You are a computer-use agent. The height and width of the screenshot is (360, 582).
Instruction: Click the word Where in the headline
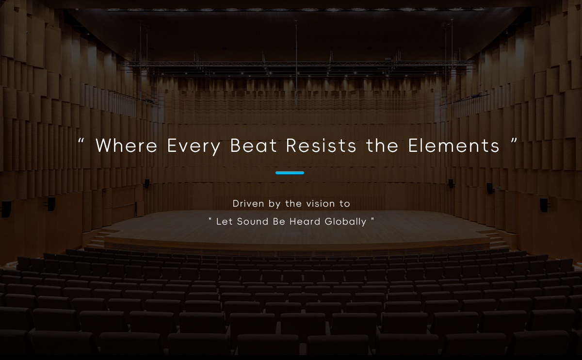click(127, 145)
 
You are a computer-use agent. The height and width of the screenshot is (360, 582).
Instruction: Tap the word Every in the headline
click(194, 147)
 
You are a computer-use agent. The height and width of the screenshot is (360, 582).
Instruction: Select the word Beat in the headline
click(254, 145)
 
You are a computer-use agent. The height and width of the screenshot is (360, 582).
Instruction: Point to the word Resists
click(321, 145)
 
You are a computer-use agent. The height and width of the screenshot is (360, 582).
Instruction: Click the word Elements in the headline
click(454, 145)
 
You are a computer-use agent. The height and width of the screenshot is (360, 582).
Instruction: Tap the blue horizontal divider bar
click(290, 173)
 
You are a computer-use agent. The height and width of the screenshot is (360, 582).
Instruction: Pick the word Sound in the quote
click(253, 221)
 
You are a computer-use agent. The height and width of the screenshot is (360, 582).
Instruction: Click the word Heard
click(305, 221)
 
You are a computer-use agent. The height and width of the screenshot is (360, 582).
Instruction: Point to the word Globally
click(345, 222)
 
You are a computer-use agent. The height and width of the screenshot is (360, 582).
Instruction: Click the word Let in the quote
click(224, 221)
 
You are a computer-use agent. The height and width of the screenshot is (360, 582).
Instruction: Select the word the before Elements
click(382, 145)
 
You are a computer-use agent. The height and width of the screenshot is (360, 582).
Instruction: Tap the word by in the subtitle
click(275, 204)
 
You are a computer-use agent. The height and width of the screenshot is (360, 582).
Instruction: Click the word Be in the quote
click(279, 221)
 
